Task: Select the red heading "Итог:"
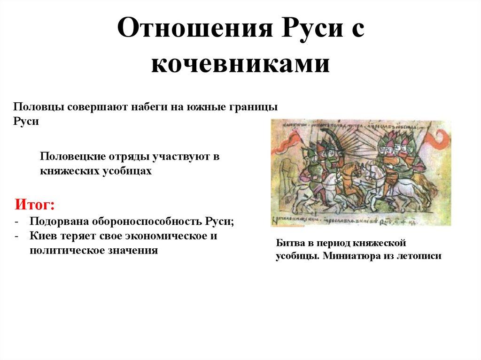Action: click(x=35, y=205)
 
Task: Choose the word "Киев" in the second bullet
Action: click(x=43, y=236)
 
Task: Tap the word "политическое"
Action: click(x=62, y=250)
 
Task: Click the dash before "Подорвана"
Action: click(x=17, y=222)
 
